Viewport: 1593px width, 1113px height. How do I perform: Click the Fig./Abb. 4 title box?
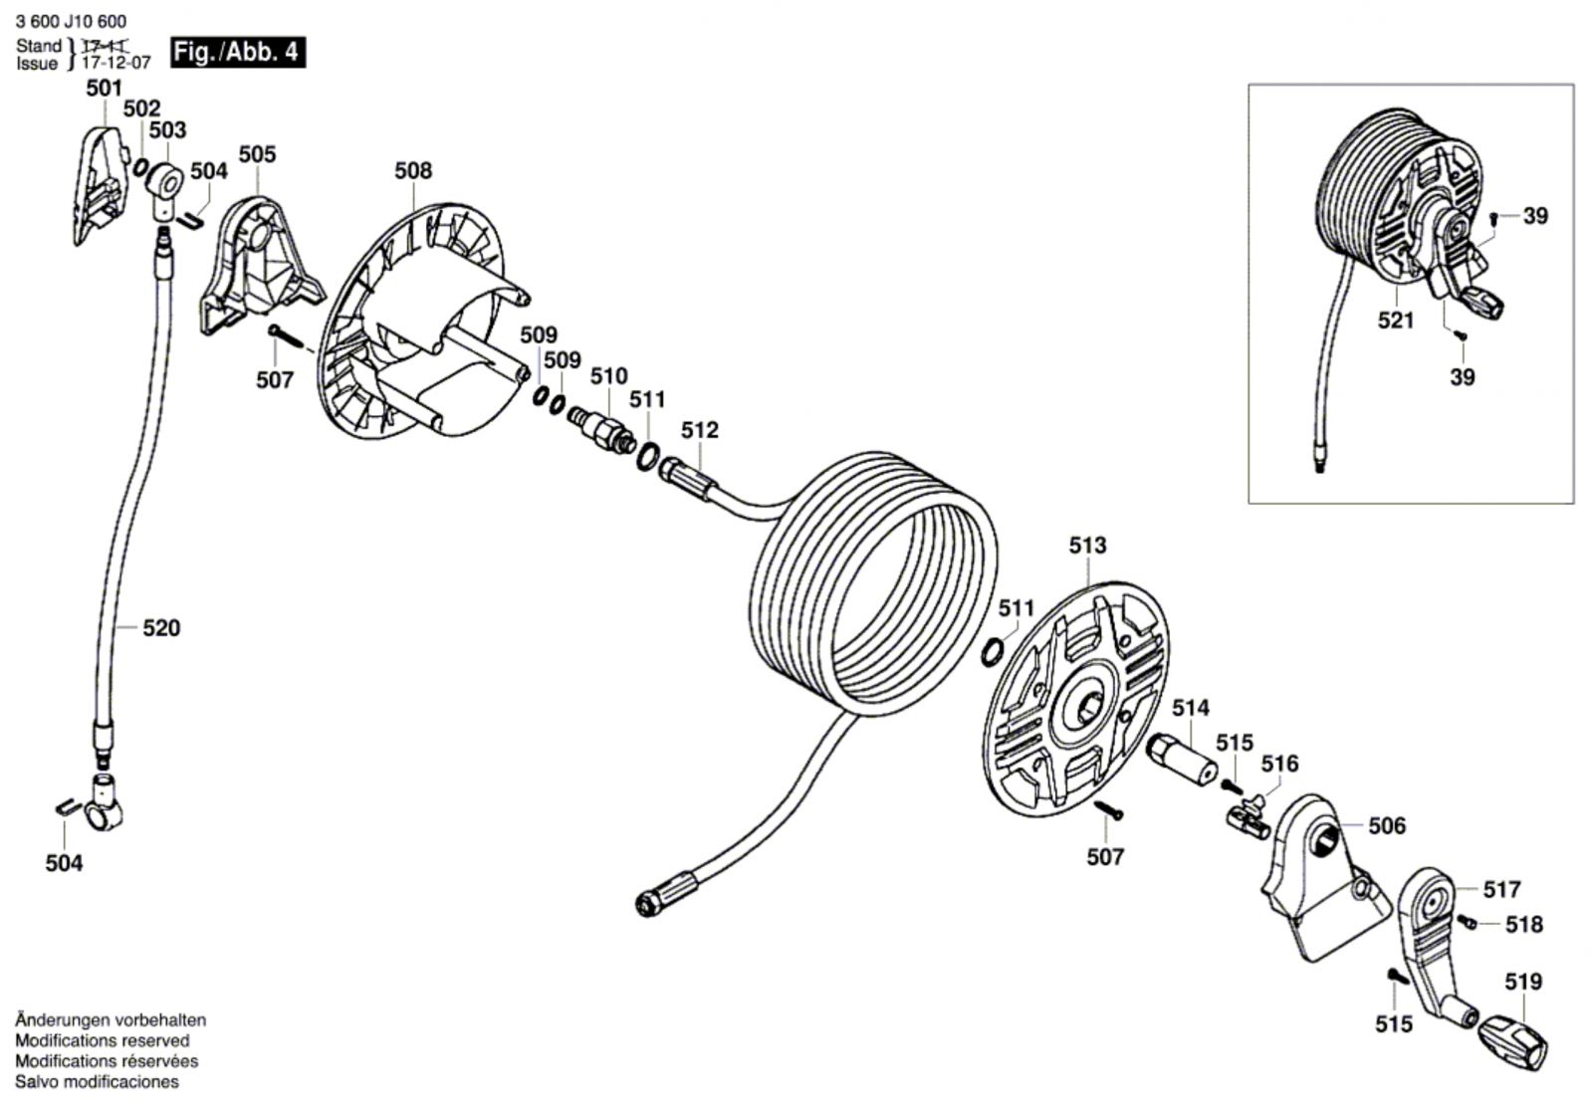point(238,53)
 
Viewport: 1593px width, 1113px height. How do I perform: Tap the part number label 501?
point(105,89)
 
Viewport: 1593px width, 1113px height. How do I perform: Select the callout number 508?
point(413,170)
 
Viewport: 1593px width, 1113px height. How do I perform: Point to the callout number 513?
point(1088,546)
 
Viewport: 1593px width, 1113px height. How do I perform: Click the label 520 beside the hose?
point(161,628)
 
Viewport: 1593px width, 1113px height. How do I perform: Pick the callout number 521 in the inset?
point(1396,321)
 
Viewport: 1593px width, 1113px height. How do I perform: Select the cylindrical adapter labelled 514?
point(1182,759)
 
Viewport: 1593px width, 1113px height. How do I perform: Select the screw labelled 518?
point(1468,922)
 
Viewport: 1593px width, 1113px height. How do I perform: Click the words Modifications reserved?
point(103,1040)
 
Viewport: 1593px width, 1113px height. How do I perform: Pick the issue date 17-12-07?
point(115,63)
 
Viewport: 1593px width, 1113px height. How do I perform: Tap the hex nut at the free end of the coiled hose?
point(646,904)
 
